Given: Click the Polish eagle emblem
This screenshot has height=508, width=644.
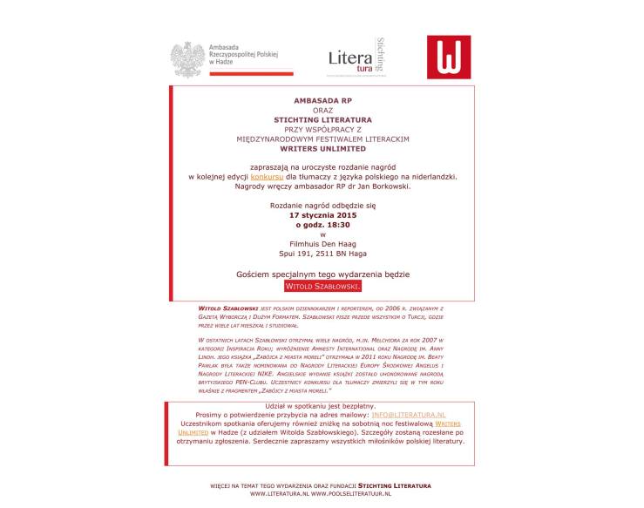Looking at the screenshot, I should tap(186, 59).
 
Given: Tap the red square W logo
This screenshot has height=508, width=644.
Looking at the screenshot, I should tap(449, 58).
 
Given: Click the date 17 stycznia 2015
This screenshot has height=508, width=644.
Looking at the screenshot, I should tap(322, 214).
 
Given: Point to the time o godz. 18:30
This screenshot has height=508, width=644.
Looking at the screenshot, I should tap(322, 224).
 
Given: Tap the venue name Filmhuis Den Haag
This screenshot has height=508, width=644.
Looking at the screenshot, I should tap(322, 243).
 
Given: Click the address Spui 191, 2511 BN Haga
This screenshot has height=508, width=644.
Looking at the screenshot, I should tap(322, 254).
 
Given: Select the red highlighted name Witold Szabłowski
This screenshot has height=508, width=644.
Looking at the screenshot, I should tap(322, 286).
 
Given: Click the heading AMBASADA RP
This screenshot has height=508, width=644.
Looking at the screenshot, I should tap(322, 101).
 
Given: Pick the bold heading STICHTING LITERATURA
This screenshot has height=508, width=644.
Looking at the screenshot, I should tap(322, 119).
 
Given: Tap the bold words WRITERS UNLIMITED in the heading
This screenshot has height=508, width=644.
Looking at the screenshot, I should tap(322, 148).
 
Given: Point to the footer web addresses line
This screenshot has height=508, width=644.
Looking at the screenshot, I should tap(322, 493).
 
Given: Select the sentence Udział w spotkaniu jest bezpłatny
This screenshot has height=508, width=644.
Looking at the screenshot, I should tap(322, 406).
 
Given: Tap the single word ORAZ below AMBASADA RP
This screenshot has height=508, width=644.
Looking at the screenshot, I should tap(322, 111).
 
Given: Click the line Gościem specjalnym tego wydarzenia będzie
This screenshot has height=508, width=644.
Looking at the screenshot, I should tap(322, 274).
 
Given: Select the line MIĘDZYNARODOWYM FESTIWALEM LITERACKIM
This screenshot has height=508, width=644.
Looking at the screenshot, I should tap(322, 139).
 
